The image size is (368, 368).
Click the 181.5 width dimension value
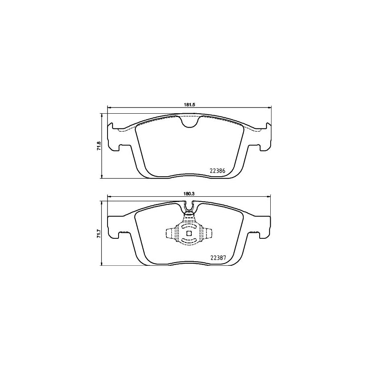pyautogui.click(x=188, y=105)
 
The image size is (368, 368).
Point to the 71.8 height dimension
pyautogui.click(x=98, y=146)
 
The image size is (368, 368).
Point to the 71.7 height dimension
pyautogui.click(x=98, y=234)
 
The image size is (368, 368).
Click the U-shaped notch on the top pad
pyautogui.click(x=189, y=121)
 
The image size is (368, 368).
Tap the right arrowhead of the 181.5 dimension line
pyautogui.click(x=270, y=108)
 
